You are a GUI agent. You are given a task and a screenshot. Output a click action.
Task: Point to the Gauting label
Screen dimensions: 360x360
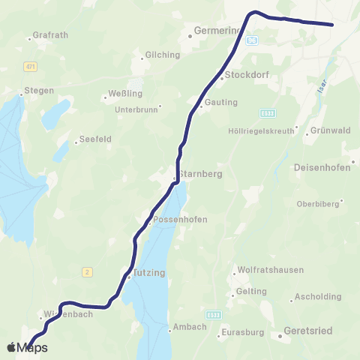[220, 102]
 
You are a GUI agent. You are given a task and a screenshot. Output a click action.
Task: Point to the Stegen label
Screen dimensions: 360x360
[39, 91]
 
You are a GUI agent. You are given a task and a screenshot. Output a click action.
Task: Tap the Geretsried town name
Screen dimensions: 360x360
[308, 331]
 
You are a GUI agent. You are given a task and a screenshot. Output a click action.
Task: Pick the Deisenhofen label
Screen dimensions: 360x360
[323, 167]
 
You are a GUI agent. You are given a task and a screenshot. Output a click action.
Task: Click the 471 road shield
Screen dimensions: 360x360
[30, 67]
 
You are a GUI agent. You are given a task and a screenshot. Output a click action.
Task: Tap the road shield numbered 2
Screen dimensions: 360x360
[87, 272]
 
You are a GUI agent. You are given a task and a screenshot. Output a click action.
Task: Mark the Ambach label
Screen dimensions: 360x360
[188, 327]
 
